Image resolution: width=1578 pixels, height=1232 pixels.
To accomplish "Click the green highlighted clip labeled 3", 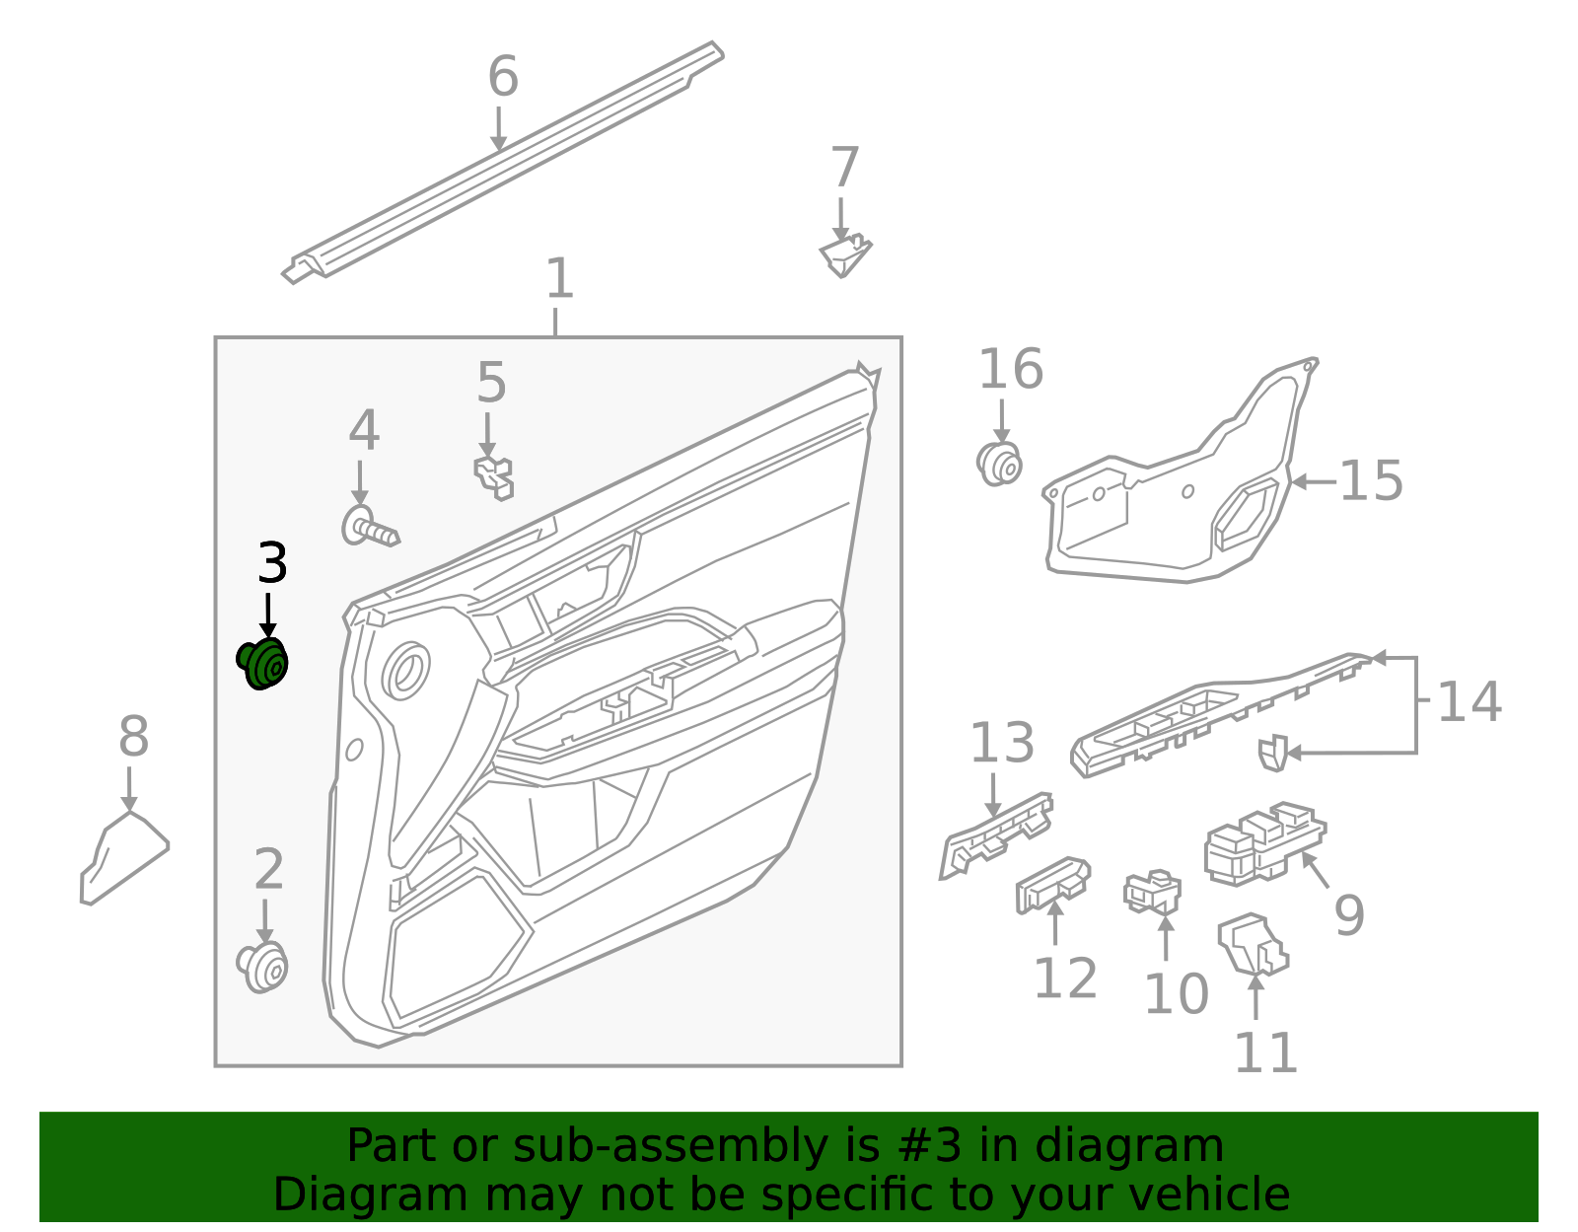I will pos(263,664).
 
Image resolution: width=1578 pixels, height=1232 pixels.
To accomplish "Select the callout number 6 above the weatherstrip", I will pos(503,77).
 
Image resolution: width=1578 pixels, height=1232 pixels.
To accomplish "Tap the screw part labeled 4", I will pos(370,528).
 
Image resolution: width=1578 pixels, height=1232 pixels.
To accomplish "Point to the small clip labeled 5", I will pos(495,476).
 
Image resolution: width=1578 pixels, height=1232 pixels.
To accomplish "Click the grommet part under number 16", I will pos(999,464).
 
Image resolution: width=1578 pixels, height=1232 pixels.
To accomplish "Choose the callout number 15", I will pos(1370,481).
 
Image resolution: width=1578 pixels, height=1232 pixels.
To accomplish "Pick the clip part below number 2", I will pos(263,968).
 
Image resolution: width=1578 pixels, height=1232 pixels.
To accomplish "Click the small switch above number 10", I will pos(1152,893).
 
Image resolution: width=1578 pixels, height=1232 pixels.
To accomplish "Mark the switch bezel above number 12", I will pos(1052,884).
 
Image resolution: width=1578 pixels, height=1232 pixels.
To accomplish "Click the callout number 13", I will pos(1002,744).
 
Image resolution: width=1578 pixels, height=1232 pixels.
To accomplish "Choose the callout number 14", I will pos(1469,703).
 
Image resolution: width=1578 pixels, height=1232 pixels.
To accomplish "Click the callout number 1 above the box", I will pos(559,279).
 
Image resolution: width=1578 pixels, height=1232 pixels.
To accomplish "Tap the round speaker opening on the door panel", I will pos(405,671).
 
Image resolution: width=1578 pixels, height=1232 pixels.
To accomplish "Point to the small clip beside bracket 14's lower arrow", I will pos(1272,753).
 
